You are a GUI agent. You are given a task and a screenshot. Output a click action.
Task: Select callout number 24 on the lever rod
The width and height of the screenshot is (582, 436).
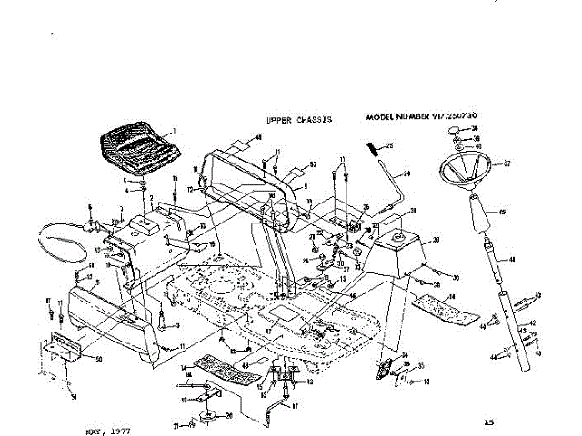407,173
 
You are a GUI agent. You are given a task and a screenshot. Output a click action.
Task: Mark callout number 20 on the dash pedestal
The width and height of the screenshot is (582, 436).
435,240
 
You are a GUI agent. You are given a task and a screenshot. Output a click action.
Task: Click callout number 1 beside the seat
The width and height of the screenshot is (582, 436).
174,132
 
